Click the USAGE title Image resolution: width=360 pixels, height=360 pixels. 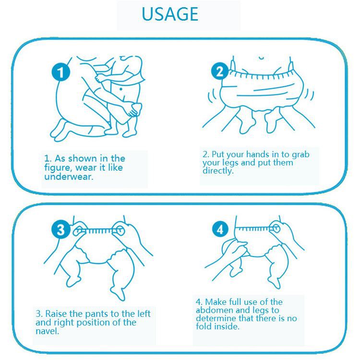pos(170,14)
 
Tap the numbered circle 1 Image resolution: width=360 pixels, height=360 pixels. pos(60,71)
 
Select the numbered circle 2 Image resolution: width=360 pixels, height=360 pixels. pos(220,71)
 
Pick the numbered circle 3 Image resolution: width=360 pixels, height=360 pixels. pos(60,229)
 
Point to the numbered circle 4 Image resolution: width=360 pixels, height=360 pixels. pos(220,229)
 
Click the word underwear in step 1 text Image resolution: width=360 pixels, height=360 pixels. pos(69,176)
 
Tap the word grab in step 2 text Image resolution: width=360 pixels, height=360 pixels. pos(300,155)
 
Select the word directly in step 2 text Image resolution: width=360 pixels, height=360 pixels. pos(218,171)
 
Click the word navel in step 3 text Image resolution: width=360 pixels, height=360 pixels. pos(48,331)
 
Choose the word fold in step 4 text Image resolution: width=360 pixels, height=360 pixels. pos(204,326)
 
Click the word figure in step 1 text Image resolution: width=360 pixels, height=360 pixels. pos(58,168)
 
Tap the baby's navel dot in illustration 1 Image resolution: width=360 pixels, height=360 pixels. pos(121,89)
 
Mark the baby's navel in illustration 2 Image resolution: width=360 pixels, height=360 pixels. pos(262,58)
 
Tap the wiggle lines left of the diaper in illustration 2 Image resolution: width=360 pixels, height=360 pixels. pos(212,96)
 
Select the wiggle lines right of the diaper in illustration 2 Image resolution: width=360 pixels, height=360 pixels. pos(310,95)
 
